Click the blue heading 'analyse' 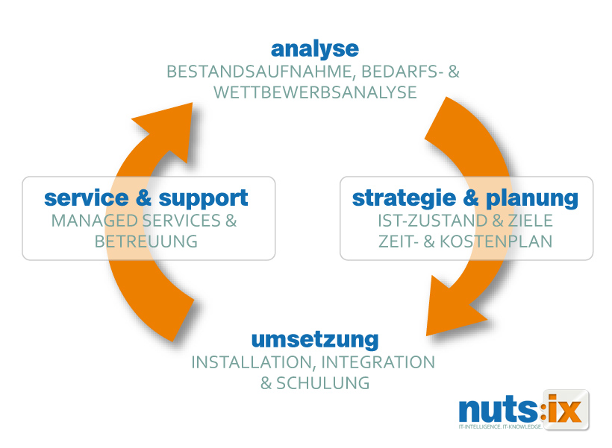pyautogui.click(x=314, y=49)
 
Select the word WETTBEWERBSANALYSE pyautogui.click(x=314, y=93)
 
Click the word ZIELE pyautogui.click(x=527, y=221)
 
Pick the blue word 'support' pyautogui.click(x=203, y=198)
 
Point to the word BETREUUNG pyautogui.click(x=146, y=242)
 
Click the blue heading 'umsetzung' pyautogui.click(x=314, y=340)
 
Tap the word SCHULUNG pyautogui.click(x=323, y=384)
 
